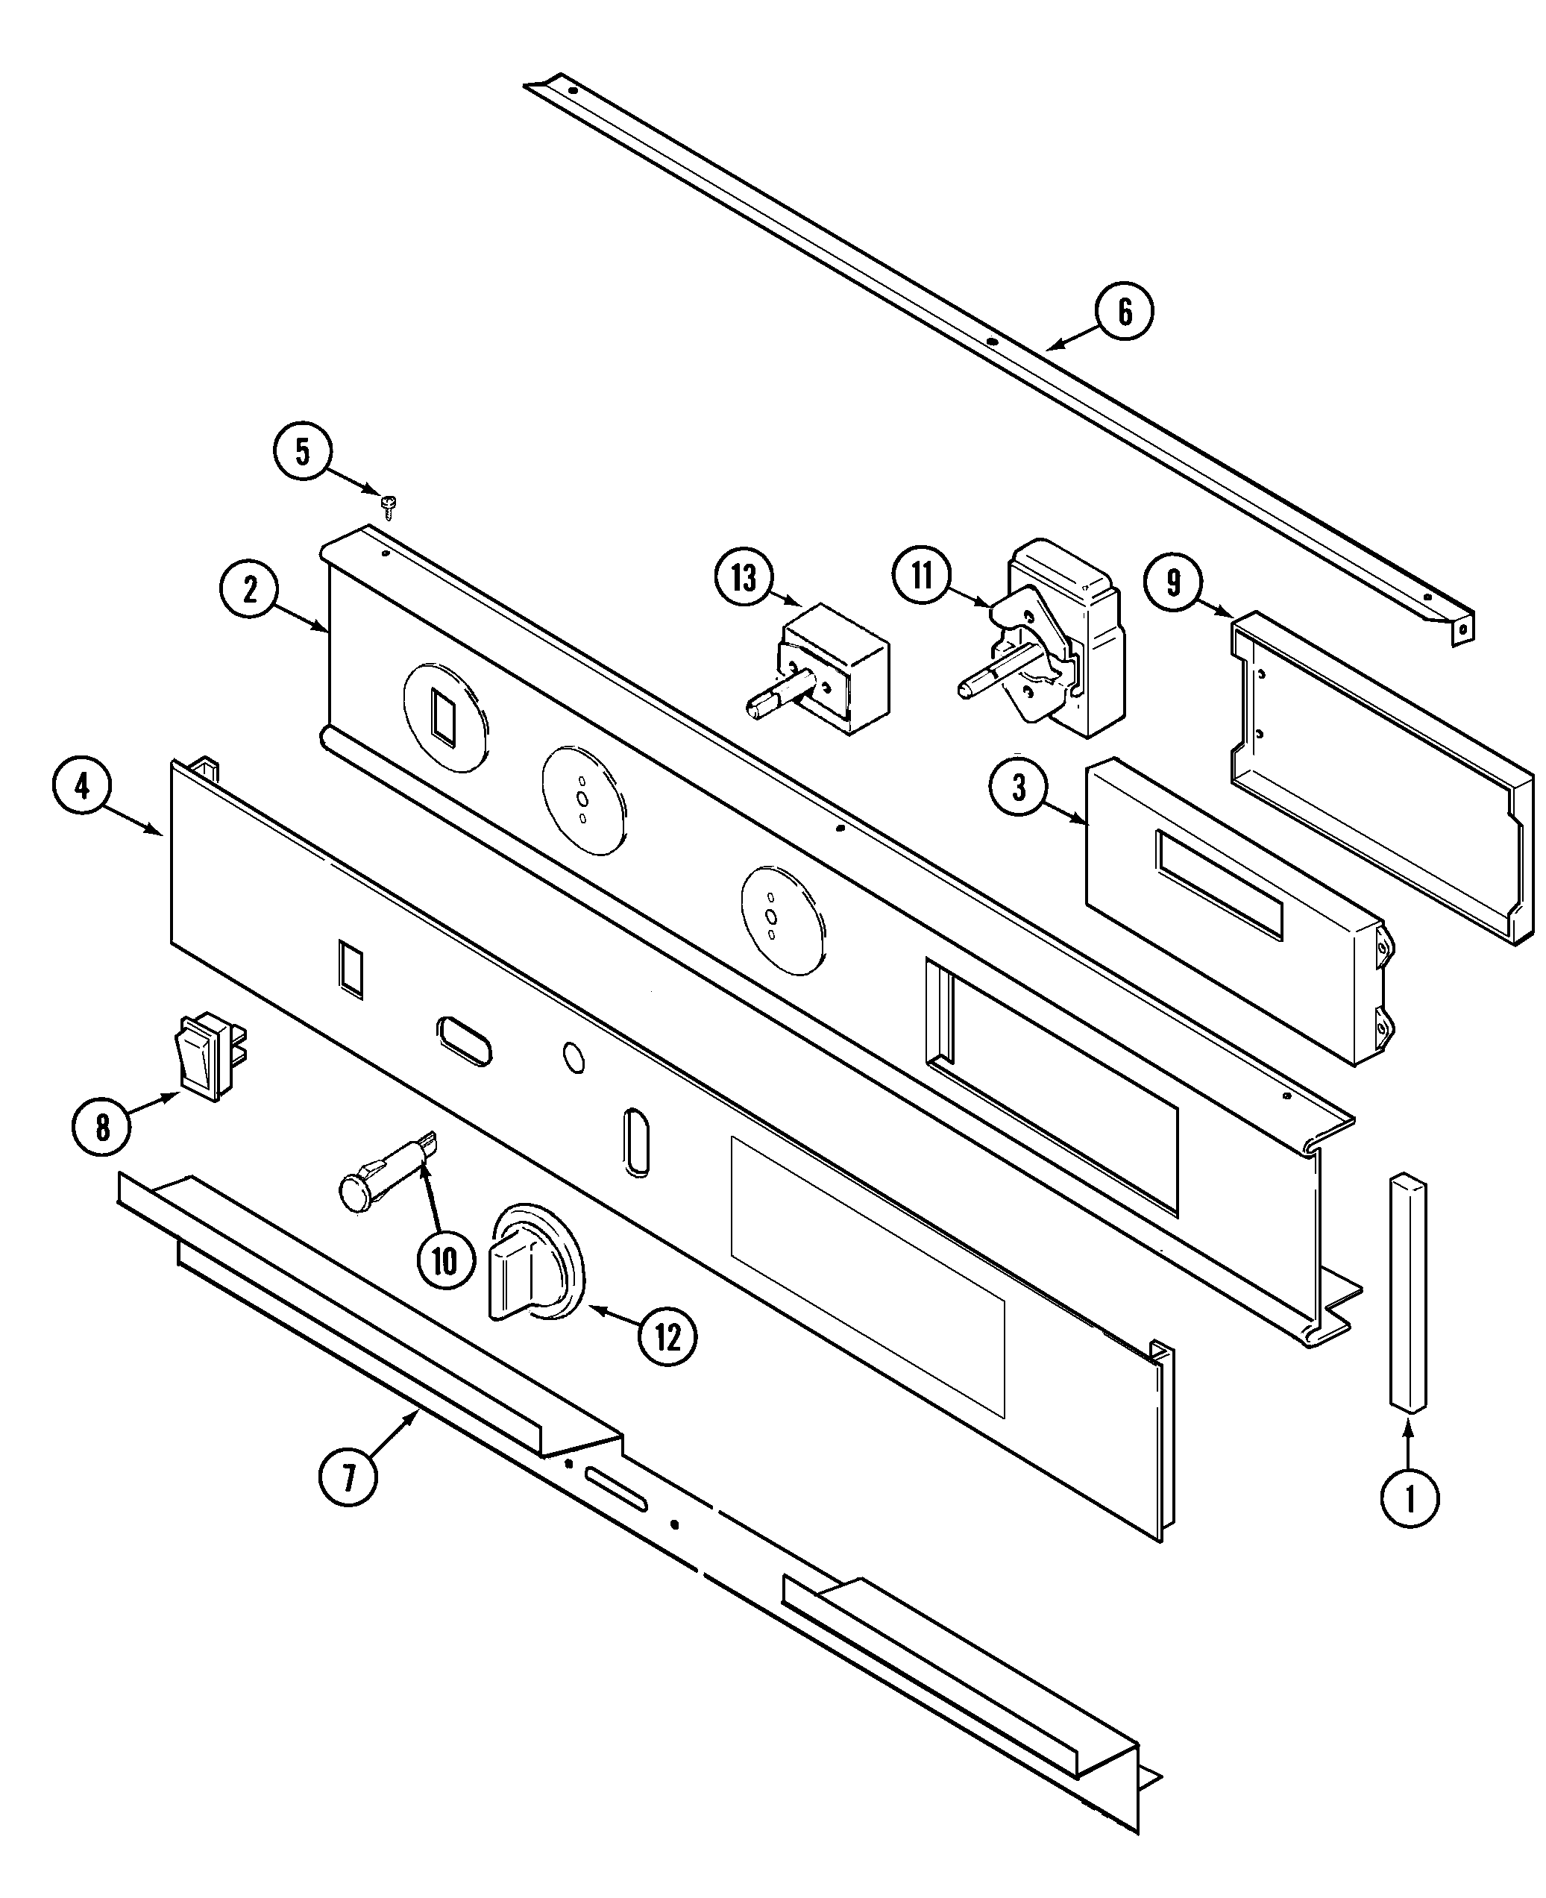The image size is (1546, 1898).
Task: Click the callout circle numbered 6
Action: click(x=1125, y=312)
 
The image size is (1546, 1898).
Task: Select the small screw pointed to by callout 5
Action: click(x=387, y=506)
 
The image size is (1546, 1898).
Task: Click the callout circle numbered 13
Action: click(x=744, y=578)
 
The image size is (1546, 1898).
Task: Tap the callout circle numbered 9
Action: click(x=1174, y=582)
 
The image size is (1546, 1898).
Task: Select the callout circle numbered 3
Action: click(x=1019, y=788)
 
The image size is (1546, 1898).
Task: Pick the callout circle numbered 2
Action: click(x=249, y=590)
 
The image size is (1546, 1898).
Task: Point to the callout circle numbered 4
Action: click(x=82, y=787)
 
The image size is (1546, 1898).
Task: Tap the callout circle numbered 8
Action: click(x=102, y=1128)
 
